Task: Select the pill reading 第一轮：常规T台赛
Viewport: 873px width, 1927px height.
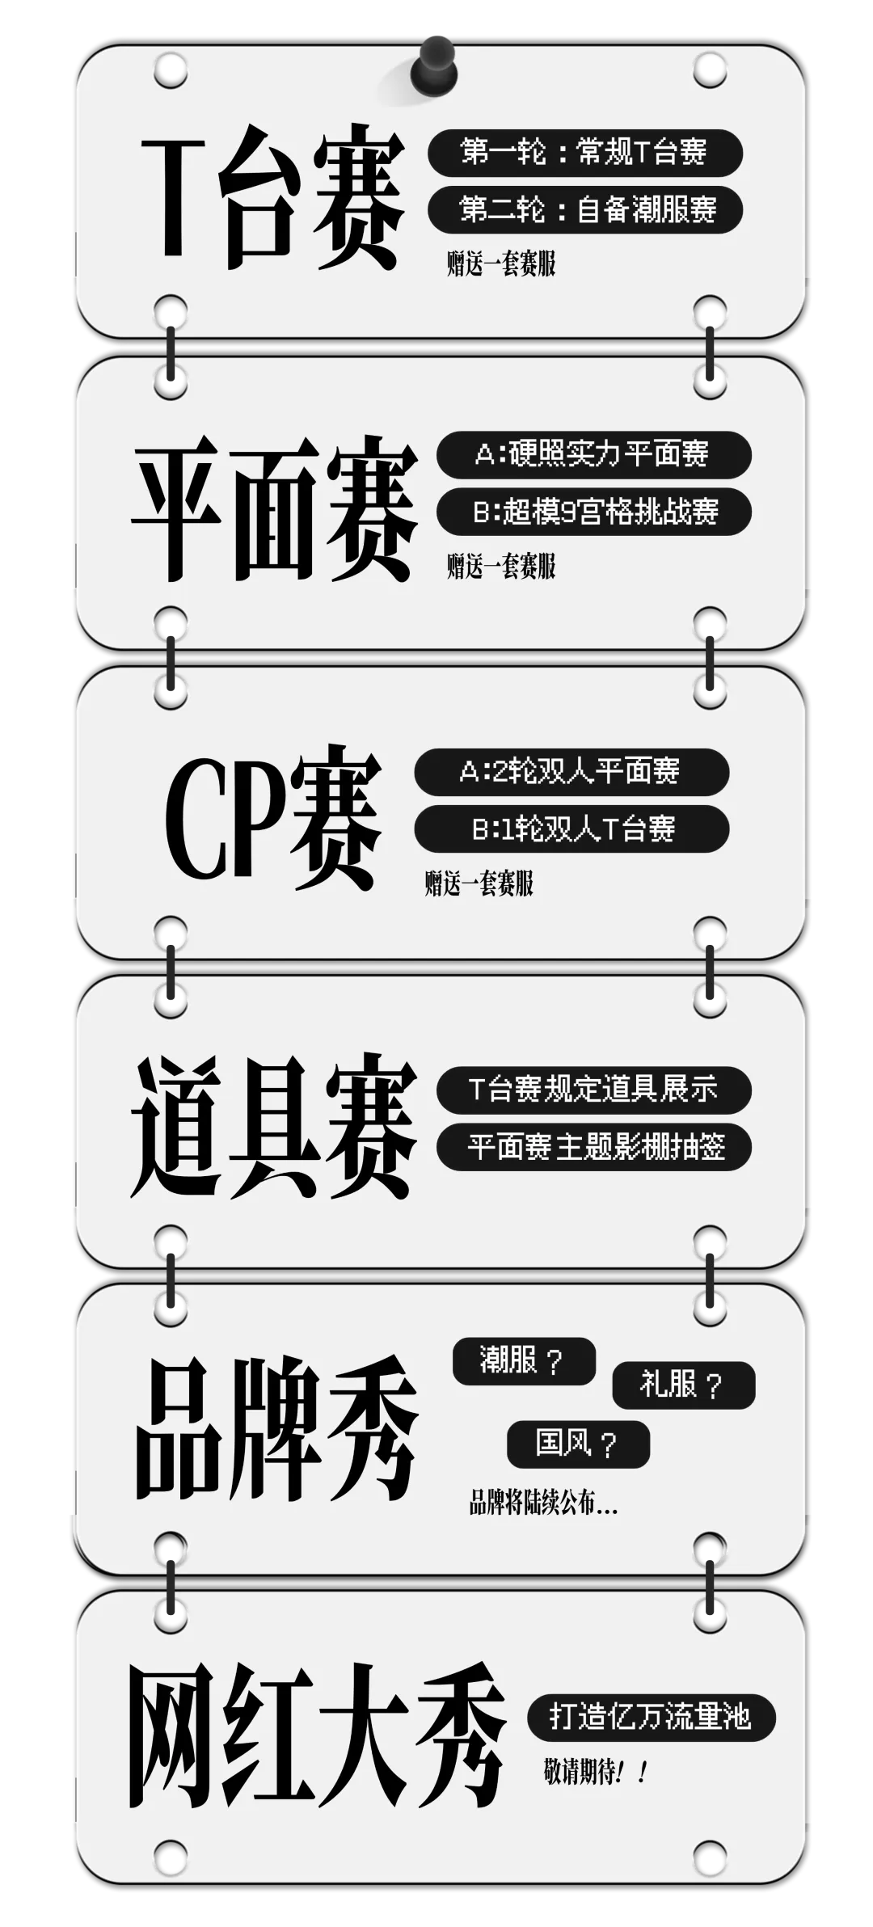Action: (584, 152)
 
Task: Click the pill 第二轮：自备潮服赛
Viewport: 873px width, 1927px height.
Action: (584, 210)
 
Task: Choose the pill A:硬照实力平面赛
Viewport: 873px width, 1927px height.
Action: (593, 453)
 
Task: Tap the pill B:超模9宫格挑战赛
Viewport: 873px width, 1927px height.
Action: (593, 511)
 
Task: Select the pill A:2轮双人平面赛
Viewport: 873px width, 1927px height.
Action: (571, 771)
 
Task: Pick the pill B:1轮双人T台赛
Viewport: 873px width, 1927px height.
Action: (571, 829)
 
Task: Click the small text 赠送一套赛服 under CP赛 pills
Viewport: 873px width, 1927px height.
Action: (479, 883)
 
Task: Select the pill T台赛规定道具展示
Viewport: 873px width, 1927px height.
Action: (593, 1089)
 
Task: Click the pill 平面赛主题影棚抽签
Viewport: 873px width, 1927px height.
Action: (593, 1146)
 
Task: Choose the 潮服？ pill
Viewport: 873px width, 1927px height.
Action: (523, 1360)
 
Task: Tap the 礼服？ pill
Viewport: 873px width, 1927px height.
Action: (683, 1385)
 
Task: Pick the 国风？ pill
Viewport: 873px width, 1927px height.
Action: (578, 1444)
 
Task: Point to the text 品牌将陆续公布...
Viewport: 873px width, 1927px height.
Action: (543, 1503)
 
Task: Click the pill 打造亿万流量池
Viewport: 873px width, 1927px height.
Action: (651, 1716)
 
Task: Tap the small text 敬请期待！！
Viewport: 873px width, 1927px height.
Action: (596, 1773)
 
